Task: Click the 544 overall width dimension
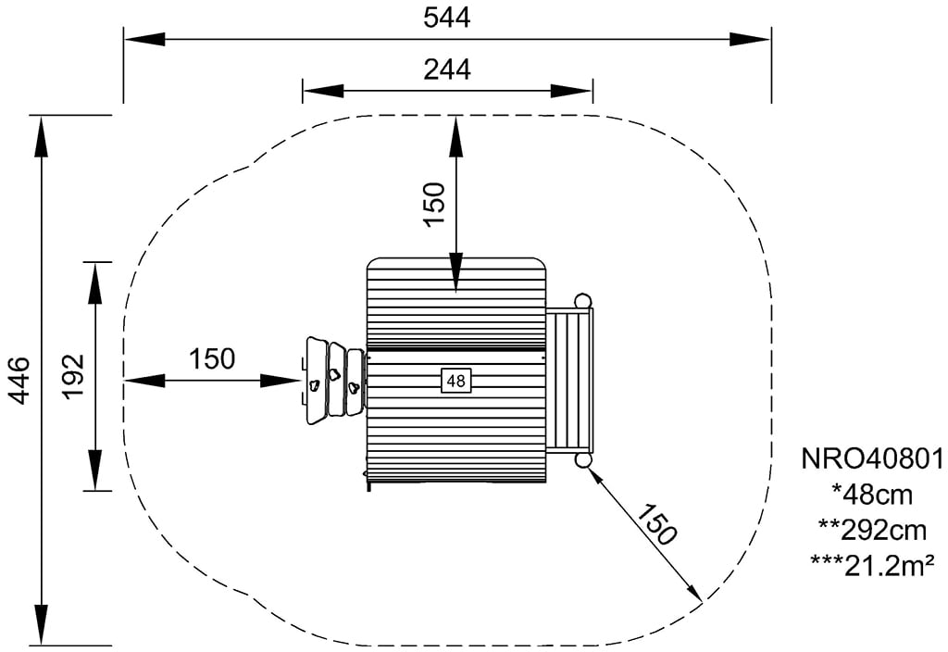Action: pyautogui.click(x=447, y=18)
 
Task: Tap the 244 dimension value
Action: pyautogui.click(x=447, y=69)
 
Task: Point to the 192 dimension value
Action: pyautogui.click(x=74, y=376)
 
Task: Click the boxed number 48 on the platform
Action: pyautogui.click(x=455, y=381)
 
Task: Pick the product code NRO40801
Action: pyautogui.click(x=872, y=459)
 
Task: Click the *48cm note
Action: pyautogui.click(x=872, y=495)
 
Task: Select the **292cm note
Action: pyautogui.click(x=872, y=531)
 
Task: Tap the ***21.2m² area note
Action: pyautogui.click(x=872, y=566)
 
